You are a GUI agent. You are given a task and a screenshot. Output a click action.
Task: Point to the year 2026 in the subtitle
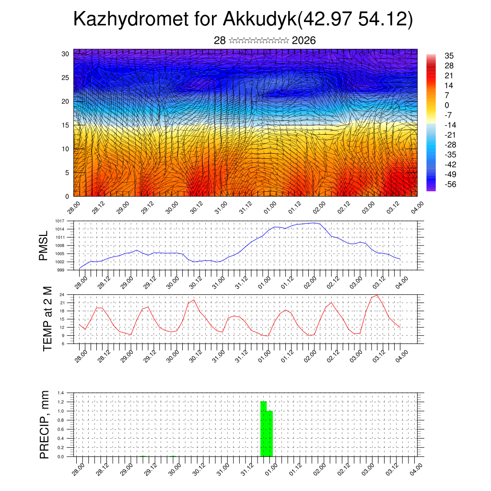pos(304,41)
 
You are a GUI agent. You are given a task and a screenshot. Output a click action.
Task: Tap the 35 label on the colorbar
pos(449,56)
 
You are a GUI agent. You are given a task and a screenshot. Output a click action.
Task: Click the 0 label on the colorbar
pos(447,105)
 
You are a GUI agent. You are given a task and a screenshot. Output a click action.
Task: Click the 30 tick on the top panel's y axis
pos(65,54)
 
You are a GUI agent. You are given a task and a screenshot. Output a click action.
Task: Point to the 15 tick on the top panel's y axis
pos(65,125)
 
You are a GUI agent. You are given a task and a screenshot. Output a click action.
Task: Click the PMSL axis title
pos(44,245)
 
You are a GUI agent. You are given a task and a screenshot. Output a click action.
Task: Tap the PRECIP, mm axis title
pos(45,424)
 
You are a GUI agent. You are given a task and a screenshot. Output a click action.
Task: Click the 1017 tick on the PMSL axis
pos(60,221)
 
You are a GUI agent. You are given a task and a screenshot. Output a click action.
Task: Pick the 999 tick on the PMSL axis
pos(61,270)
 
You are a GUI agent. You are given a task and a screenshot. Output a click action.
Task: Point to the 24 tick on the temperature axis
pos(62,294)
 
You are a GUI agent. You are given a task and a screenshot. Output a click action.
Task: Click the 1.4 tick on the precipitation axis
pos(61,393)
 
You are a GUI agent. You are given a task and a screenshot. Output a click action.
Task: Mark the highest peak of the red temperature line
pos(377,295)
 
